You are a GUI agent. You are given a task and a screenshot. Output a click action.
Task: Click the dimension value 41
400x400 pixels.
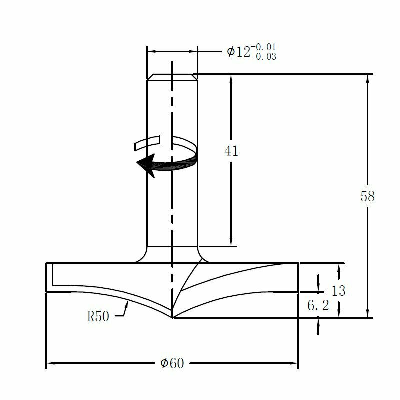click(231, 151)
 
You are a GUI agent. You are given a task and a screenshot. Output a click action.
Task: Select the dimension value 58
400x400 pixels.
click(367, 196)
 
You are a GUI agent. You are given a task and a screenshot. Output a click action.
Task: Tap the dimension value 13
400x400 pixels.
click(338, 291)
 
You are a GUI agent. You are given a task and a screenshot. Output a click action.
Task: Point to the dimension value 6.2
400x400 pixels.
click(318, 306)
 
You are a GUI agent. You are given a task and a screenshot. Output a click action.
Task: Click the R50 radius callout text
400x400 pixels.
click(98, 316)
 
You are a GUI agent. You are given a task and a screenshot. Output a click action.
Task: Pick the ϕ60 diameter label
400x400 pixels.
click(172, 363)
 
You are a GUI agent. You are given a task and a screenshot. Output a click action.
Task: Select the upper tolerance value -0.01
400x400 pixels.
click(263, 47)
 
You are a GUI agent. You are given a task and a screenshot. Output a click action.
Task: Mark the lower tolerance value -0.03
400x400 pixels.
click(263, 57)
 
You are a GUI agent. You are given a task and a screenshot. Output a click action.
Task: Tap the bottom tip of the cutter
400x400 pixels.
click(172, 317)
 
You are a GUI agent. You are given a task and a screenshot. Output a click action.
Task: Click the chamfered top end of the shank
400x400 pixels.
click(172, 77)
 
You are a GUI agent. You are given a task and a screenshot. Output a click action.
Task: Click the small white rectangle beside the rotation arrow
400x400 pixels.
click(146, 143)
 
